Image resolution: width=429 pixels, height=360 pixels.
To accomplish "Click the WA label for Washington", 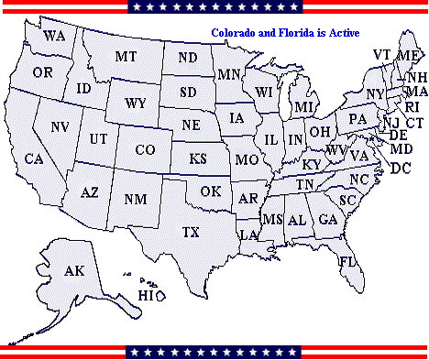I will pos(54,36).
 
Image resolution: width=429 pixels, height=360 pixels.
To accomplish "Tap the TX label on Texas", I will pos(191,231).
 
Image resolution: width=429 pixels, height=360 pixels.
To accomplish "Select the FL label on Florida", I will pos(347,262).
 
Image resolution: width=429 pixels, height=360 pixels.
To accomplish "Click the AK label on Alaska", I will pos(74,271).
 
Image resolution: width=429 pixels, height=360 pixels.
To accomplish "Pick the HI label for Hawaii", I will pos(148,295).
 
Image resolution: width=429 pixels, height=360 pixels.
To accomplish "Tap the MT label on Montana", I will pos(126,57).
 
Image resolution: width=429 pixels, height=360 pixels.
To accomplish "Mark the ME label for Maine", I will pos(407,56).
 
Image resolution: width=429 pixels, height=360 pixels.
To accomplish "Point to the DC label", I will pos(401,169).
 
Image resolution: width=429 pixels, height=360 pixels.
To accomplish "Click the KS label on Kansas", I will pos(198,158).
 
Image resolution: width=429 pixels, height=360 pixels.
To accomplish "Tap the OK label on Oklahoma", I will pos(211,191).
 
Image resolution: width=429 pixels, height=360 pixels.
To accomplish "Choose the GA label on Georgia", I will pos(327,220).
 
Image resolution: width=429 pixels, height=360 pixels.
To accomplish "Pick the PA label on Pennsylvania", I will pos(357,118).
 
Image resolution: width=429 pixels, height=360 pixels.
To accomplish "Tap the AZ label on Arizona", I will pos(90,193).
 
